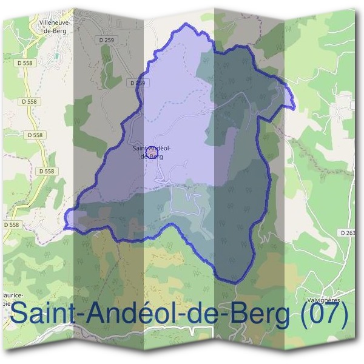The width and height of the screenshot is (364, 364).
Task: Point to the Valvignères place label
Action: coord(322,300)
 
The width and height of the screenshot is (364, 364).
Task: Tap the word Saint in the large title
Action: coord(39,314)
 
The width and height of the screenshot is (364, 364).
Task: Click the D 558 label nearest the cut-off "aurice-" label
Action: coord(12,224)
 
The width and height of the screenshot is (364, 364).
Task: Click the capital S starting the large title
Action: coord(20,314)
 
